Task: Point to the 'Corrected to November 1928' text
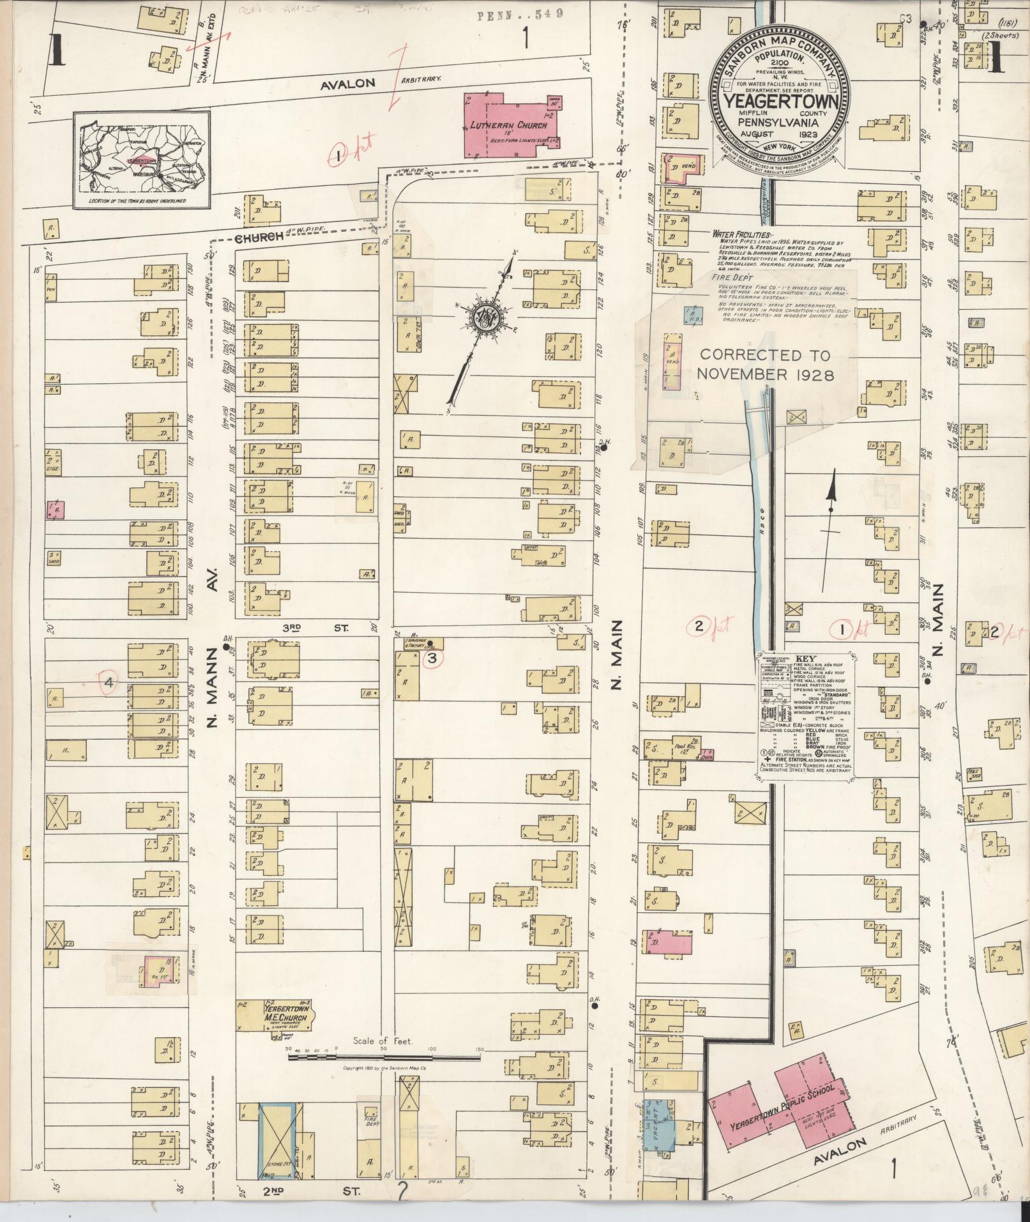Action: point(766,365)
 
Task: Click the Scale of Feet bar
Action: point(383,1057)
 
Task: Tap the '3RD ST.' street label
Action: point(316,628)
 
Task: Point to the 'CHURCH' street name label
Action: point(259,237)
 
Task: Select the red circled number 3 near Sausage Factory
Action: point(432,658)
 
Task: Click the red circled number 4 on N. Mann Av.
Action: point(109,683)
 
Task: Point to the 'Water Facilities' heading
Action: point(741,234)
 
